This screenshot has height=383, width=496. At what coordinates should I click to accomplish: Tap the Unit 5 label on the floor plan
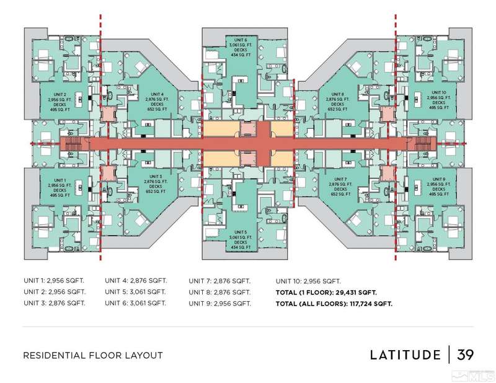pos(242,231)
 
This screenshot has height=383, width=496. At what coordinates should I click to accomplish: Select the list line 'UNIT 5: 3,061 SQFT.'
pos(135,292)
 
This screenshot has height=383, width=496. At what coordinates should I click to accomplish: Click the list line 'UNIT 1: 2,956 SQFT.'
pos(54,280)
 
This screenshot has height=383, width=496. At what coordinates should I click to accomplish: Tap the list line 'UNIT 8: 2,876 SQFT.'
pos(219,292)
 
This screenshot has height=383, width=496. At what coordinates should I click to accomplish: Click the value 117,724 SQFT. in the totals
pos(365,304)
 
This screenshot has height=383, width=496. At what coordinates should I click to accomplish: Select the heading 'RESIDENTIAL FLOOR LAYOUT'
pos(92,356)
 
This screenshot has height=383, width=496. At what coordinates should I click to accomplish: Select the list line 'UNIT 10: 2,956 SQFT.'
pos(308,280)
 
